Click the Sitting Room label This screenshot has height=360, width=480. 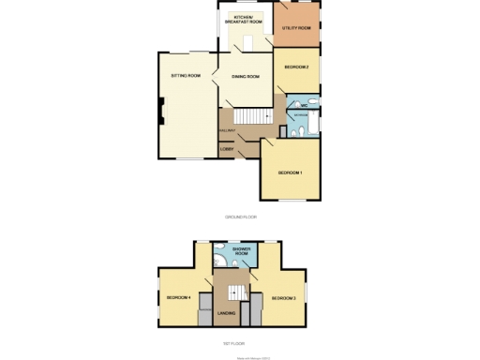(x=186, y=75)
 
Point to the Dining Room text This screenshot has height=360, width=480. (x=246, y=77)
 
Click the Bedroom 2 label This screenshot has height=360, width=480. (x=296, y=67)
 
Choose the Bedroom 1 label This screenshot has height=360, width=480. (x=288, y=172)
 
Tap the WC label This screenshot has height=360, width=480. (x=305, y=105)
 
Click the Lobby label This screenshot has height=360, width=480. (x=226, y=149)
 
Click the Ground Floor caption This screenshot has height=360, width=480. (x=240, y=217)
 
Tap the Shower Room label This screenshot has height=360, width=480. (x=241, y=251)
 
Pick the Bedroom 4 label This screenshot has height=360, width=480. (x=178, y=298)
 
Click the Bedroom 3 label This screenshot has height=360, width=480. (x=284, y=298)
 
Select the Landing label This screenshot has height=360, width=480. (x=226, y=313)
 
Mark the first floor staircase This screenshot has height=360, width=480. (x=227, y=287)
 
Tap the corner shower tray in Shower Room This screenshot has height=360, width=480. (x=217, y=250)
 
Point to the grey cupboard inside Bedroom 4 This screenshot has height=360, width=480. (x=205, y=315)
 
